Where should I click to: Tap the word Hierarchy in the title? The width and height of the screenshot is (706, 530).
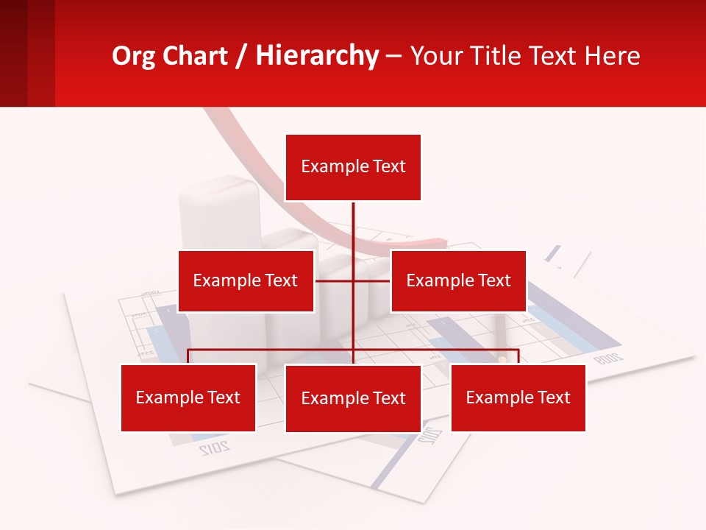[317, 56]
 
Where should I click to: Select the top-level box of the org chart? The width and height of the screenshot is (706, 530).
[353, 167]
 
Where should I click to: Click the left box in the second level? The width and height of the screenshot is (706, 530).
[246, 280]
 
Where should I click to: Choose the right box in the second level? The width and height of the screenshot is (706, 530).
[458, 280]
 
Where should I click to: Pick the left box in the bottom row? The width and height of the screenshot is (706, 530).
[188, 397]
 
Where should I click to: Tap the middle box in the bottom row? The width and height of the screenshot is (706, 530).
[353, 398]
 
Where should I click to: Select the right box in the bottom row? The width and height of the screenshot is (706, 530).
[518, 397]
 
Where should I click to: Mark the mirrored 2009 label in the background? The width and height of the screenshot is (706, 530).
[608, 358]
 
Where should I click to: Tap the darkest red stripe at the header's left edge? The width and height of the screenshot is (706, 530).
[13, 53]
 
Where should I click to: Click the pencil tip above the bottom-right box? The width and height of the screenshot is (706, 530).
[503, 359]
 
